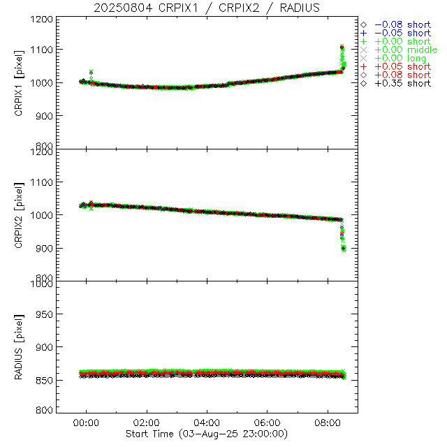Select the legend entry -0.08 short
point(402,24)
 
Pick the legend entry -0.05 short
point(402,33)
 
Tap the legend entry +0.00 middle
point(405,50)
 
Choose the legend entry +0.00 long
point(401,58)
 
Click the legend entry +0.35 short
point(402,83)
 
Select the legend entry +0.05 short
point(402,66)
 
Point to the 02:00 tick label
point(147,423)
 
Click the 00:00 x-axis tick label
point(87,423)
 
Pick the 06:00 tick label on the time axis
point(268,423)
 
